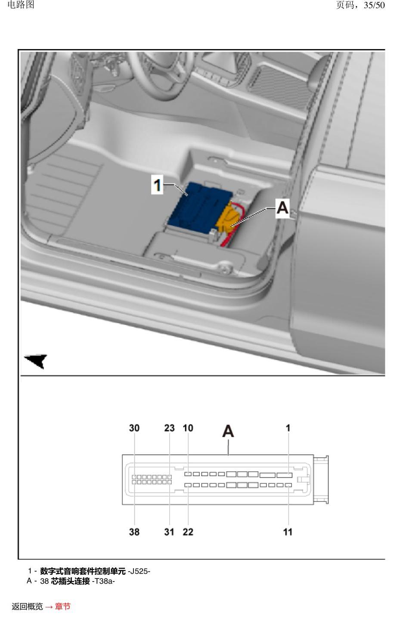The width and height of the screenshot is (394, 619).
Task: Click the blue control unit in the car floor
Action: [199, 209]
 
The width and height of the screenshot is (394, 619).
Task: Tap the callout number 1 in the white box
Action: [157, 184]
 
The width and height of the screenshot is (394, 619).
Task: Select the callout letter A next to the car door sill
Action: [282, 208]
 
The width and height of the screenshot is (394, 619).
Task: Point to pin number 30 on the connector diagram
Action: [134, 428]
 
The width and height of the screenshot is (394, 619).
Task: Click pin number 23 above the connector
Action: [170, 428]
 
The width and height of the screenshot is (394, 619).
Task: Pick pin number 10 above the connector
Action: [188, 428]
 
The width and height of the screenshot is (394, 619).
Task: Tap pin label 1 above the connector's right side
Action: [288, 428]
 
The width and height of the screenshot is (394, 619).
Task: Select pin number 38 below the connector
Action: [134, 532]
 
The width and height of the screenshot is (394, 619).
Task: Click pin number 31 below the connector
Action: [169, 532]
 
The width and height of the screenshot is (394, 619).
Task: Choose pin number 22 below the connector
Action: [188, 532]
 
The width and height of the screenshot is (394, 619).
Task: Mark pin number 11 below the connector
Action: [288, 532]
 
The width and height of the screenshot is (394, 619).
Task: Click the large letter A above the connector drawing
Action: [228, 431]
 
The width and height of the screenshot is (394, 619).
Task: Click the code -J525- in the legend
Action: [139, 571]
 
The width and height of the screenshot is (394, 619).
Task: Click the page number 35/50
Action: [374, 5]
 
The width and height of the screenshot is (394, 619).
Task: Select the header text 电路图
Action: [21, 5]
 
